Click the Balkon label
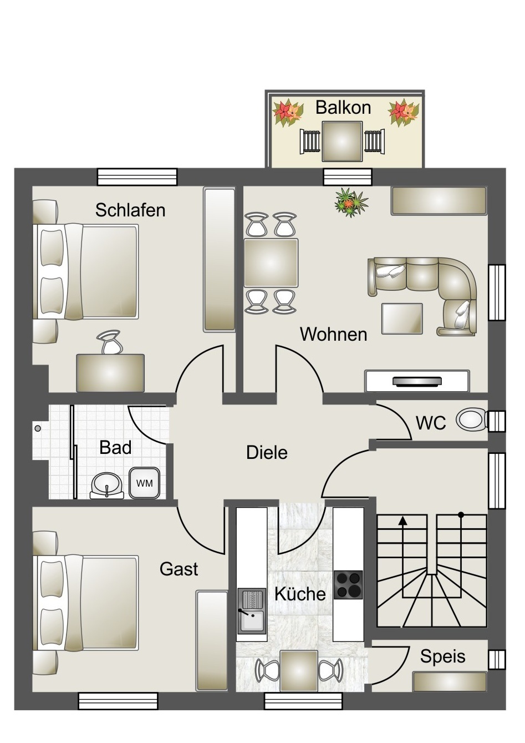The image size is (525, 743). tap(343, 107)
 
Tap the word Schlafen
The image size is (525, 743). tap(130, 210)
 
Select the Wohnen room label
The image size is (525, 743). tap(333, 334)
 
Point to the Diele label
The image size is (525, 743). tap(267, 453)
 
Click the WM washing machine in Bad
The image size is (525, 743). tap(144, 483)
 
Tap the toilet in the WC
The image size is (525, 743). tap(470, 420)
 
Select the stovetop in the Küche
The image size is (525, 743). tap(348, 585)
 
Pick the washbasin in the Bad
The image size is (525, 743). tap(106, 485)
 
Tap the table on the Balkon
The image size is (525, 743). tap(342, 141)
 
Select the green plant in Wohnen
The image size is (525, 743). tap(351, 203)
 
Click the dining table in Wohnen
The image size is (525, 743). tap(271, 263)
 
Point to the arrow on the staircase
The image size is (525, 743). tap(402, 521)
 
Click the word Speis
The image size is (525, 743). tap(442, 656)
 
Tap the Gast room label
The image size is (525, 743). tap(179, 569)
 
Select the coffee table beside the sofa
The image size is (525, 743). tap(402, 319)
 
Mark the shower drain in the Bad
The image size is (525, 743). tap(38, 428)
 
